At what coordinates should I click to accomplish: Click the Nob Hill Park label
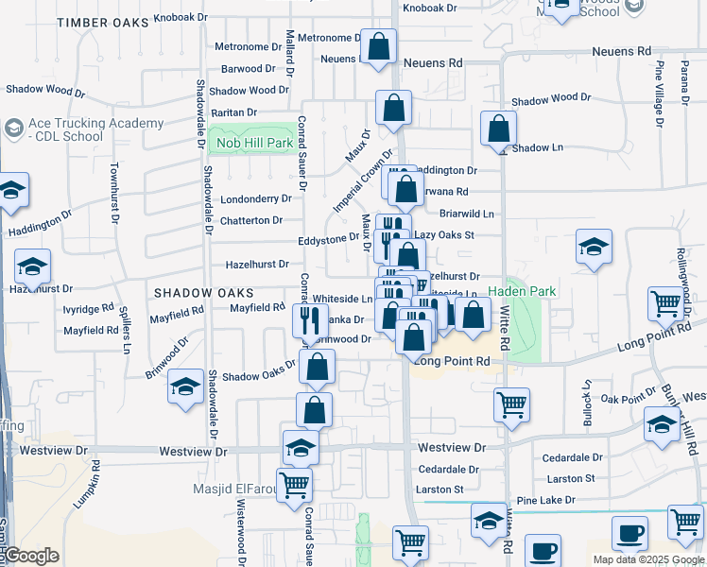tap(254, 143)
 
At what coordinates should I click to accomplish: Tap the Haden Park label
tap(523, 291)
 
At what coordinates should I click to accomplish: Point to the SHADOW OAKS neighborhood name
tap(197, 293)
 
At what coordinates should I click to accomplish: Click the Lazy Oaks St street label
tap(443, 234)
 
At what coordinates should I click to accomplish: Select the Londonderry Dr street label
tap(255, 199)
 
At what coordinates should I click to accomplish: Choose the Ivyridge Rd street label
tap(89, 308)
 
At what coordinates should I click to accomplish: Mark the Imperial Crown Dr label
tap(362, 180)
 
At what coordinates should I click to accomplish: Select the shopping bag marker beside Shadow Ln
tap(498, 129)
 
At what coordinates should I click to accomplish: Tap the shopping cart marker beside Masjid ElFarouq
tap(295, 485)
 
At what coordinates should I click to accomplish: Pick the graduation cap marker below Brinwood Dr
tap(185, 387)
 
